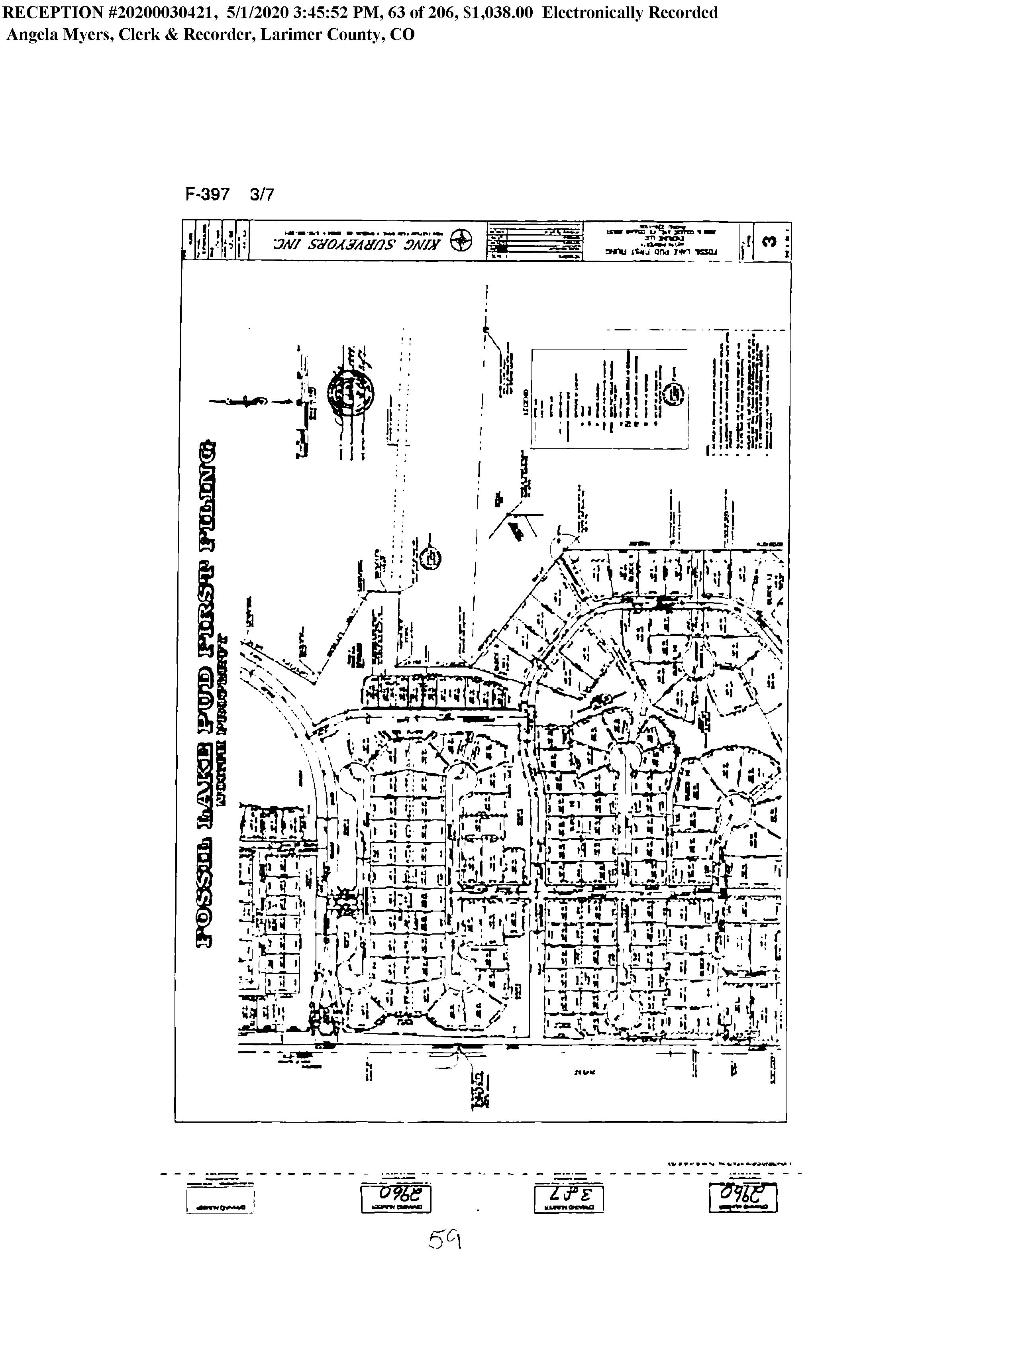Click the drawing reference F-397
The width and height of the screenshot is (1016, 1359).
coord(207,195)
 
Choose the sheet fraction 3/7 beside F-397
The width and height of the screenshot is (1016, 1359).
coord(262,195)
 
